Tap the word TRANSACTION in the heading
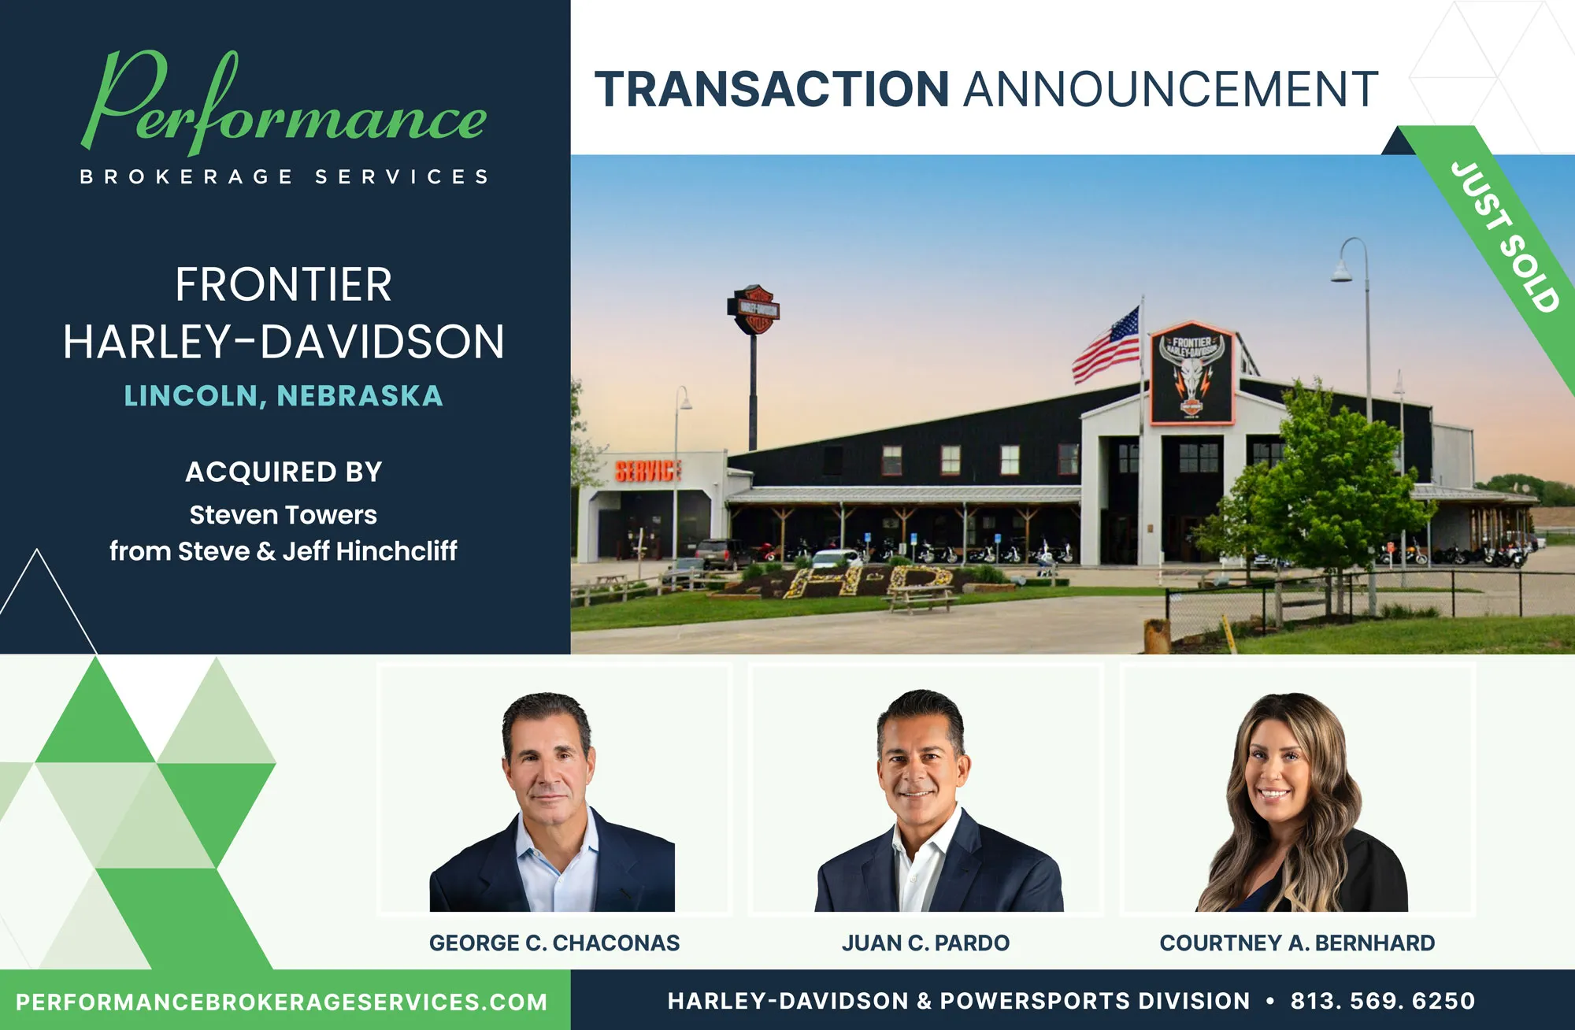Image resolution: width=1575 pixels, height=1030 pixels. pos(772,89)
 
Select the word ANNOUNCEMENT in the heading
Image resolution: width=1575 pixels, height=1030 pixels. pos(1171,89)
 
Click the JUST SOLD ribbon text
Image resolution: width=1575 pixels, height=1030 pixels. pos(1505,236)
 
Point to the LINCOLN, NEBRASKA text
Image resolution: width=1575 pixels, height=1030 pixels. pos(283,395)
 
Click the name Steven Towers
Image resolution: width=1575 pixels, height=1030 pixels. pos(283,515)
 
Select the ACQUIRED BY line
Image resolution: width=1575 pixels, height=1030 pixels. pos(283,472)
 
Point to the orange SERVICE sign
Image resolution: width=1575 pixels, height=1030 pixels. pos(647,471)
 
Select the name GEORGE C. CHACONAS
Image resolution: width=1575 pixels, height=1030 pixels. pos(554,943)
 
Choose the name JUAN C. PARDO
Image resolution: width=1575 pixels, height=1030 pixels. pos(925,943)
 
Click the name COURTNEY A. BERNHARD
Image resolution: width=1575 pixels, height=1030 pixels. pos(1297,943)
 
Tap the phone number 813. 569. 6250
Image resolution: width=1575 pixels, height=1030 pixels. pos(1382,1001)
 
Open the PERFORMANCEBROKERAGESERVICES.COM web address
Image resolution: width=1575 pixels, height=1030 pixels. pos(282,1002)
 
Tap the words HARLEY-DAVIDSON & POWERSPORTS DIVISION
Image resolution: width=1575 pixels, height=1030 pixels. pos(958,1001)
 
